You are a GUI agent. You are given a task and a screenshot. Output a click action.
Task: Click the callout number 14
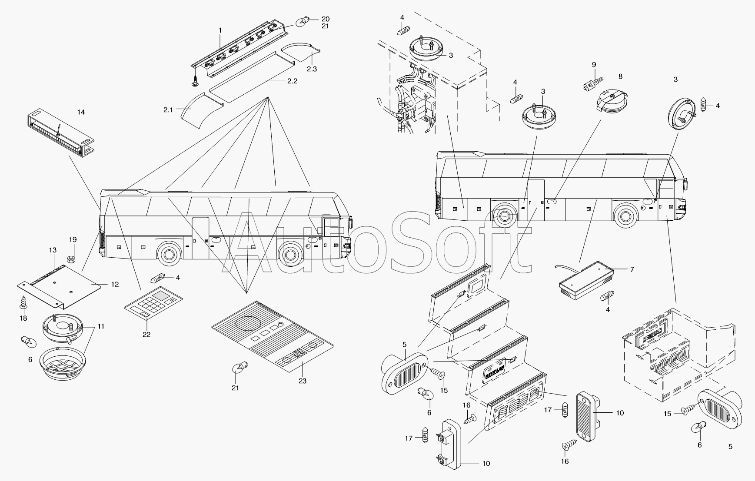pyautogui.click(x=81, y=112)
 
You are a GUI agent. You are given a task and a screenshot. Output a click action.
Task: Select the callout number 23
pyautogui.click(x=303, y=381)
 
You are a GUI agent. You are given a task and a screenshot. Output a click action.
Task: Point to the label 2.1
pyautogui.click(x=168, y=110)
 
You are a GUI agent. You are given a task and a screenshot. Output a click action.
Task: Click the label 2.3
pyautogui.click(x=312, y=69)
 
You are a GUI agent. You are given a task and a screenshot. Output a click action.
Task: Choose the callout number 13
pyautogui.click(x=53, y=250)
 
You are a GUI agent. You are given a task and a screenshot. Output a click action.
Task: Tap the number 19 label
pyautogui.click(x=73, y=239)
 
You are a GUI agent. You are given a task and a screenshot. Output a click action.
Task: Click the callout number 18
pyautogui.click(x=23, y=318)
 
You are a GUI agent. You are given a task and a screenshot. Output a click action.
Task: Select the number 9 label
pyautogui.click(x=594, y=65)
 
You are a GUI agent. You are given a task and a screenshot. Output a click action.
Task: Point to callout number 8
pyautogui.click(x=621, y=76)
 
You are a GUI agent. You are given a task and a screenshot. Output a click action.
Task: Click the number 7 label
pyautogui.click(x=632, y=269)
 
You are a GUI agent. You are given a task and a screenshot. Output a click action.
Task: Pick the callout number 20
pyautogui.click(x=326, y=19)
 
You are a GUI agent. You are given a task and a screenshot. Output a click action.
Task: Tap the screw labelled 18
pyautogui.click(x=23, y=303)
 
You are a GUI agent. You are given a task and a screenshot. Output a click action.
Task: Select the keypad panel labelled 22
pyautogui.click(x=153, y=305)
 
